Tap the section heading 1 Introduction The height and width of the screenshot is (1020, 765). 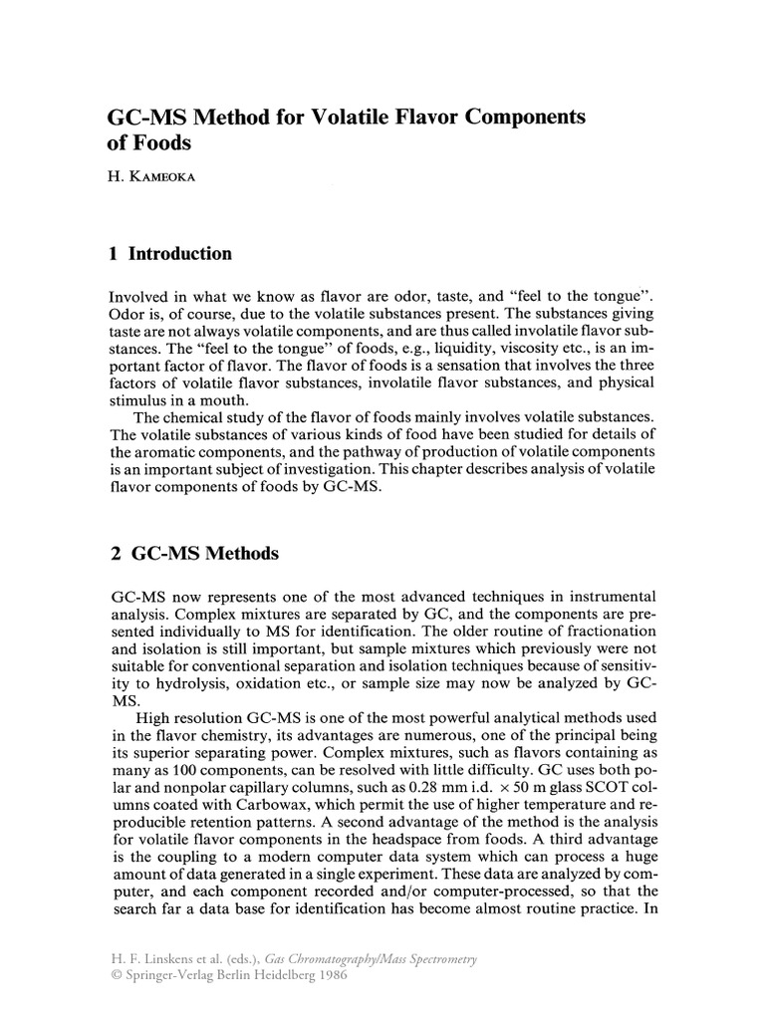169,254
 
